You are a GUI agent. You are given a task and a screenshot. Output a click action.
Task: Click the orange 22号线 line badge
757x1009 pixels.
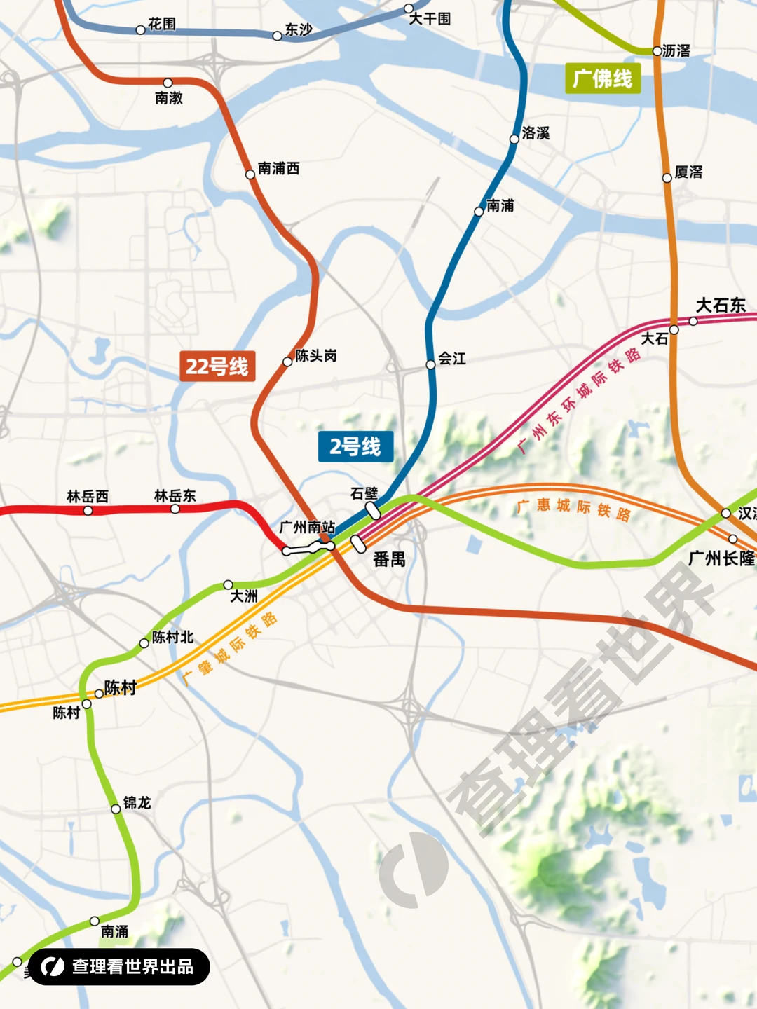tap(217, 366)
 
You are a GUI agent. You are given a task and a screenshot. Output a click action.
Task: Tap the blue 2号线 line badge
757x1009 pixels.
tap(355, 446)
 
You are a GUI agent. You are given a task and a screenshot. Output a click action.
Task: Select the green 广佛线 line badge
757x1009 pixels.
tap(602, 78)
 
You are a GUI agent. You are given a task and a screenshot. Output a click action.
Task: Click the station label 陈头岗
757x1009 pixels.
tap(316, 356)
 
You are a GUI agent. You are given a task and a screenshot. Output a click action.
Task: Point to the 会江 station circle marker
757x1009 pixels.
tap(431, 364)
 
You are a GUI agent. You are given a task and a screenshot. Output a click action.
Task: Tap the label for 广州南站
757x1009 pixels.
tap(307, 527)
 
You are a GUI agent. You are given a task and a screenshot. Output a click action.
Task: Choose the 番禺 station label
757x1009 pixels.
tap(389, 559)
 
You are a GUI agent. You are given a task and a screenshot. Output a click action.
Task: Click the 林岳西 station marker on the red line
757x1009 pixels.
tap(88, 511)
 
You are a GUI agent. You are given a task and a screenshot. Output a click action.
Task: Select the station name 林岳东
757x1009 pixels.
tap(175, 496)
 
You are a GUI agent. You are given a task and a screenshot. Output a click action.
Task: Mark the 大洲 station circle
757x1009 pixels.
tap(229, 584)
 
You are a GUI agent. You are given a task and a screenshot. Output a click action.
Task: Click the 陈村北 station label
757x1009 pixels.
tap(173, 638)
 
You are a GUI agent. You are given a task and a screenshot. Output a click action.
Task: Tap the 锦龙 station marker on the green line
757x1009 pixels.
tap(116, 809)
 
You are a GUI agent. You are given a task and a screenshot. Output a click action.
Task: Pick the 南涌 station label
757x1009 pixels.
tap(115, 931)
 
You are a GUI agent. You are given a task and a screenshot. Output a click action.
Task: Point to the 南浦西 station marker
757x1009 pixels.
tap(250, 174)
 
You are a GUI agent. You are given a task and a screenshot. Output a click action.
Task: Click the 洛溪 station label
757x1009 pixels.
tap(536, 133)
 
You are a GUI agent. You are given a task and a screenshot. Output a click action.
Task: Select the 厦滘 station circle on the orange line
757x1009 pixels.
tap(667, 178)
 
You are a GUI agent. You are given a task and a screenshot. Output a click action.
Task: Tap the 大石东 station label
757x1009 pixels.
tap(721, 306)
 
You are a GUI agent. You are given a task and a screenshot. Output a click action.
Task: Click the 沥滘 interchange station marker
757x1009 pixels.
tap(657, 51)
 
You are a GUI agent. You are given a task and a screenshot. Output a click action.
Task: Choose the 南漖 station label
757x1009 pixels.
tap(169, 98)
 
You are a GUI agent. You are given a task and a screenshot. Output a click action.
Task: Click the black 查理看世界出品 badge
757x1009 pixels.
tap(119, 967)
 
